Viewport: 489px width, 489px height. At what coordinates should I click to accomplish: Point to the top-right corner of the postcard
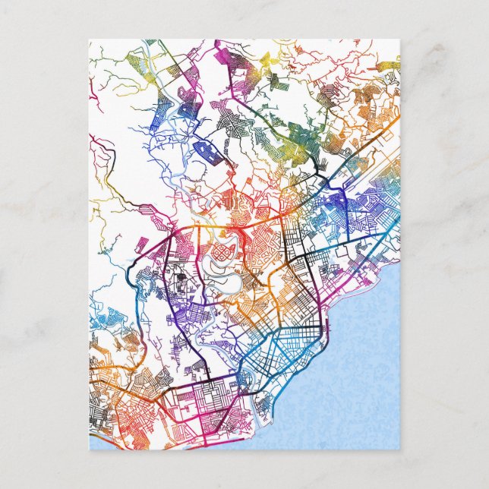pos(399,40)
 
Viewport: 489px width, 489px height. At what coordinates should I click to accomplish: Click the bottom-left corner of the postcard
pos(89,450)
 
